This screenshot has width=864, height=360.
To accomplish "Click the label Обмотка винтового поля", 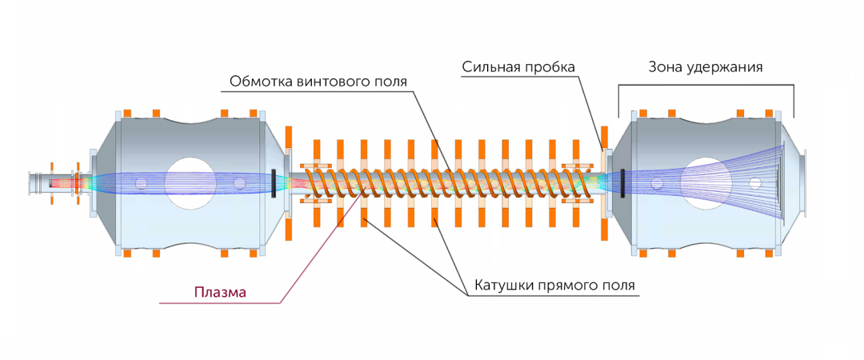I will (x=318, y=82).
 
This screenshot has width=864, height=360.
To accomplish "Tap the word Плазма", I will (x=220, y=292).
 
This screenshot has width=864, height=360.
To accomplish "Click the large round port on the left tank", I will (x=190, y=183).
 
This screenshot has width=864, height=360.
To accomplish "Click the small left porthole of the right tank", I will (x=656, y=183).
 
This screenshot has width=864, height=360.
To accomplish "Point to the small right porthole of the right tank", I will (x=754, y=183).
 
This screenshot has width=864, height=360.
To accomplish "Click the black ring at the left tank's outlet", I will (x=274, y=182).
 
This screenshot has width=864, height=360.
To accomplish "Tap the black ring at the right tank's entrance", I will (x=622, y=182).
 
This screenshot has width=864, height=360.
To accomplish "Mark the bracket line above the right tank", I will (x=706, y=86).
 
